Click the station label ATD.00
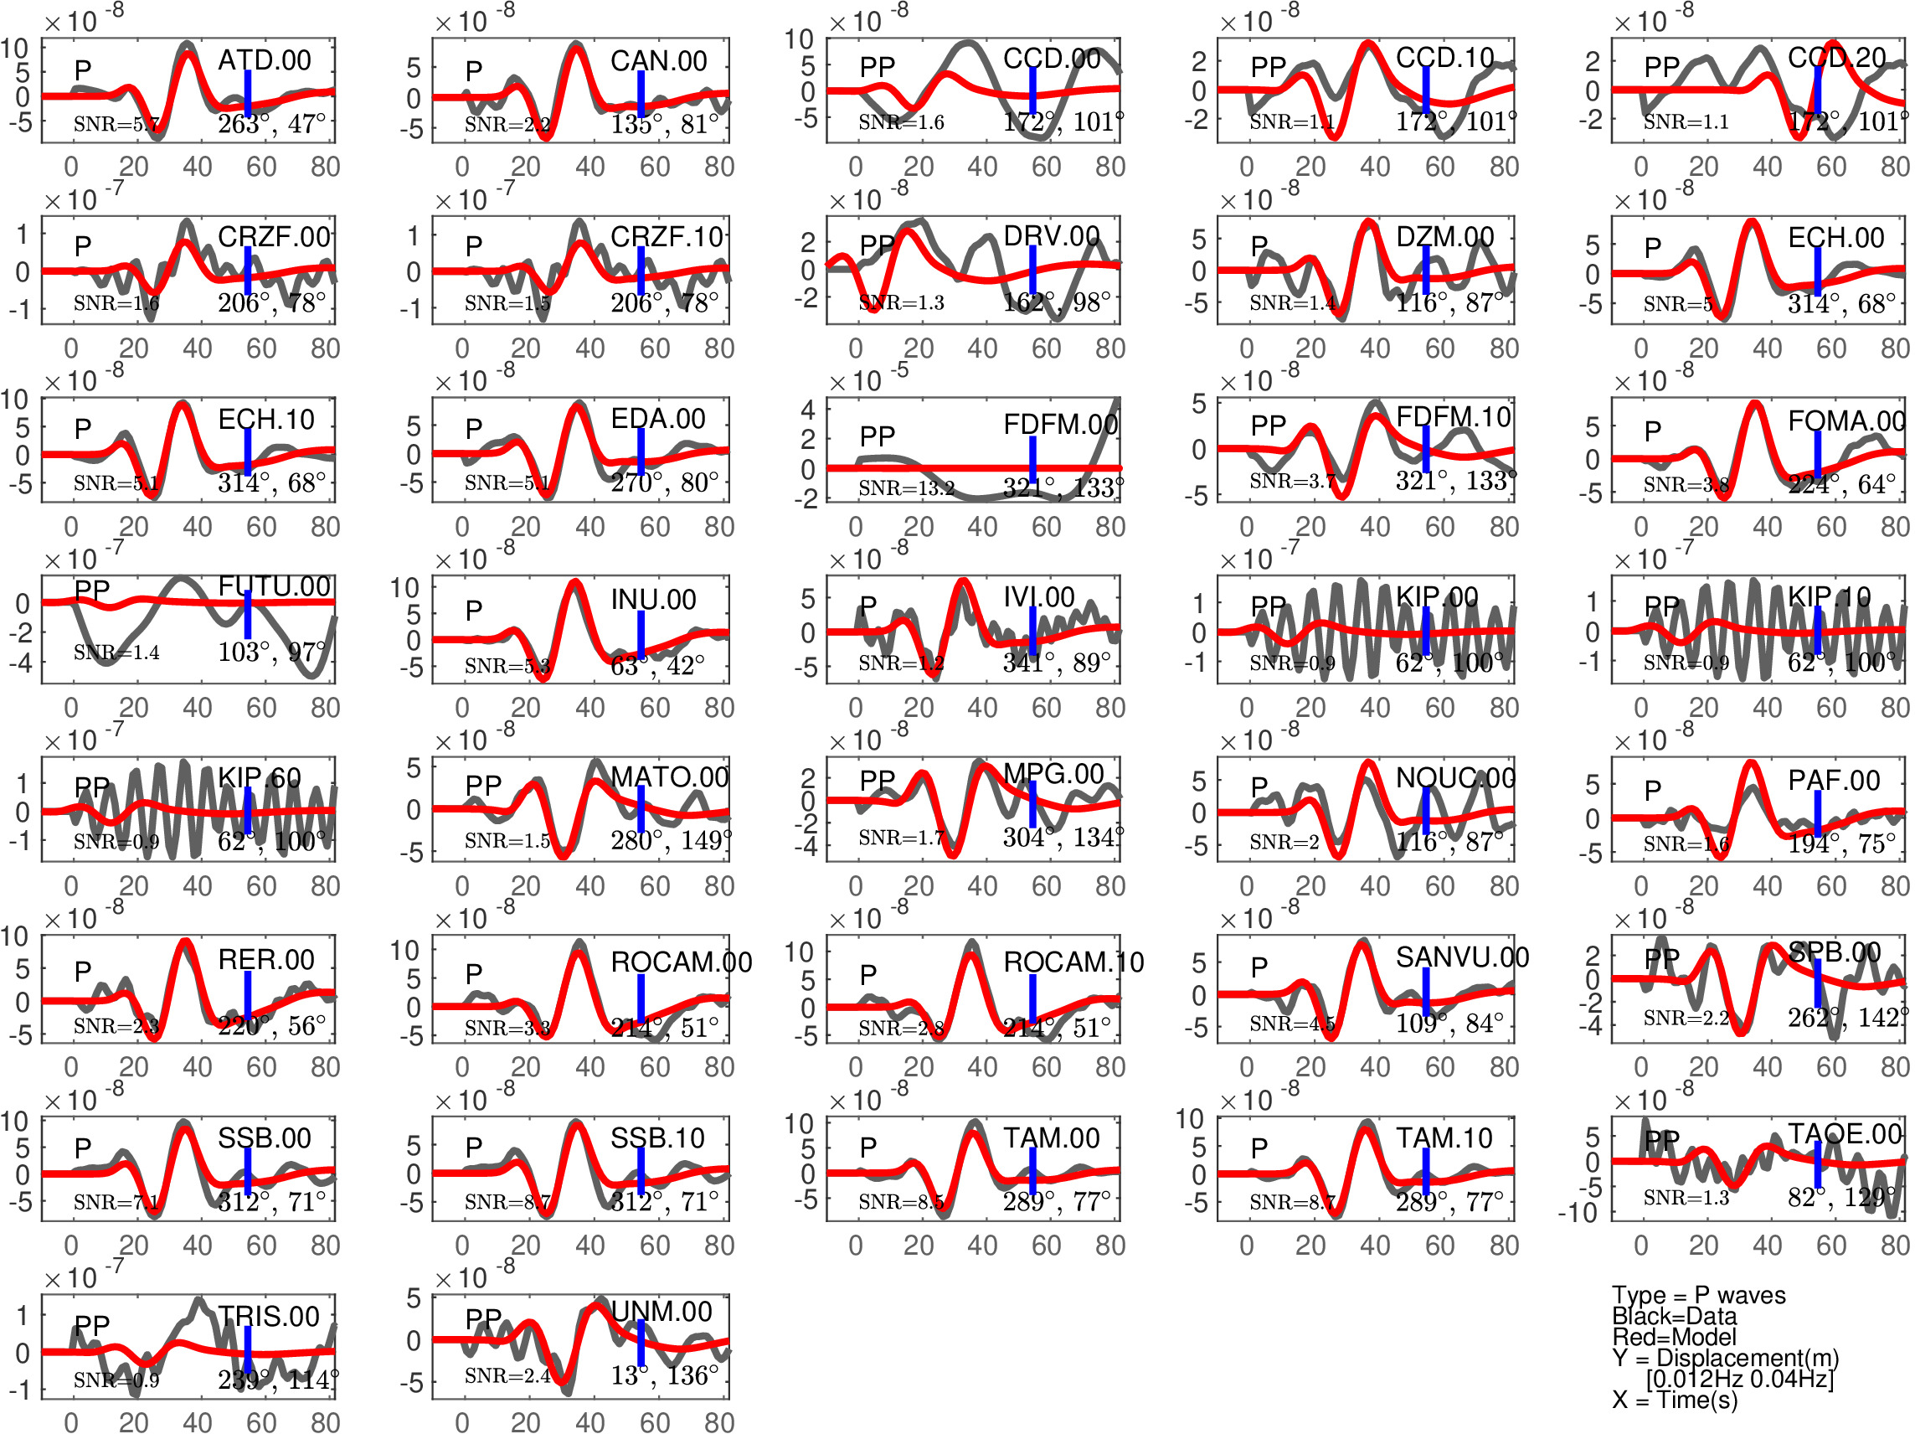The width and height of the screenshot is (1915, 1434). point(264,60)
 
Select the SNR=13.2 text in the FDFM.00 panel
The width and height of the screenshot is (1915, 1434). point(905,488)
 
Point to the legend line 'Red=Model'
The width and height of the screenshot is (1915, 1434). point(1674,1337)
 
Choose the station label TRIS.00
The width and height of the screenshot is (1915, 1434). point(269,1316)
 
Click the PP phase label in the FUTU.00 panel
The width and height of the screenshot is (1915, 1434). point(92,591)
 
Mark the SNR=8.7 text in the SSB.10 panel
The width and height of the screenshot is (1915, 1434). point(507,1202)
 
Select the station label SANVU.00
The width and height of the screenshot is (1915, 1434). point(1461,957)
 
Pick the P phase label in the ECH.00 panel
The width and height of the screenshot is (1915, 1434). point(1653,248)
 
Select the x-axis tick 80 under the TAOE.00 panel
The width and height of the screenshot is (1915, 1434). point(1894,1246)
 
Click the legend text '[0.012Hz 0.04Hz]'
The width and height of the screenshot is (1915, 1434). point(1739,1378)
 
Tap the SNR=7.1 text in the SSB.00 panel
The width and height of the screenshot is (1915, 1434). point(116,1202)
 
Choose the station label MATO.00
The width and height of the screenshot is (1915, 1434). point(669,776)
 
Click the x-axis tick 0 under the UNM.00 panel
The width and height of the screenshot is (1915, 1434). point(462,1422)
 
